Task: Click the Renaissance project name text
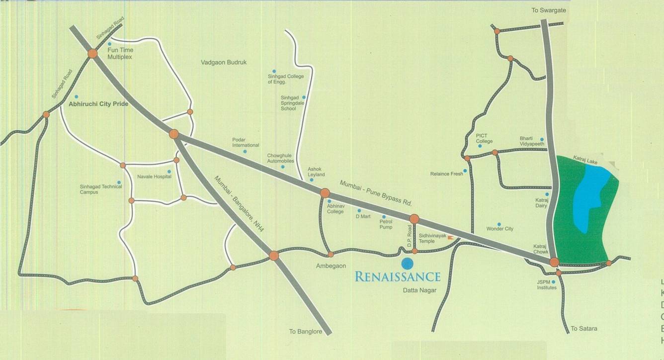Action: tap(398, 276)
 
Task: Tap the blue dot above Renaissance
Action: tap(407, 264)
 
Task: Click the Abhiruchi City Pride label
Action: tap(98, 104)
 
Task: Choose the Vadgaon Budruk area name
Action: tap(224, 63)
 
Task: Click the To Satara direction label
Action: tap(583, 329)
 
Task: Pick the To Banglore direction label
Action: tap(306, 332)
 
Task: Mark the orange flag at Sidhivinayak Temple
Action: tap(450, 238)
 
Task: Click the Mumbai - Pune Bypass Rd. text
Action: tap(376, 193)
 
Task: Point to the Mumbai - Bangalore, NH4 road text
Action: tap(239, 202)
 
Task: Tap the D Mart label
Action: tap(363, 217)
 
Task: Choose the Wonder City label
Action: tap(499, 229)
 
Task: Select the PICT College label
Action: tap(484, 138)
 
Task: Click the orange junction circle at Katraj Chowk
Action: tap(554, 262)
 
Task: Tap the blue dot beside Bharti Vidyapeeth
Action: tap(542, 140)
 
